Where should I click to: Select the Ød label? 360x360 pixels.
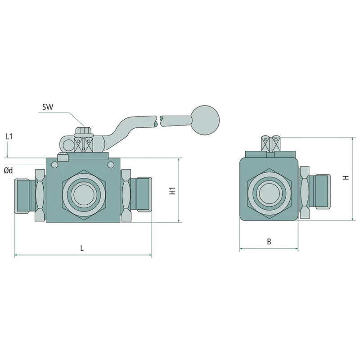[x=9, y=171]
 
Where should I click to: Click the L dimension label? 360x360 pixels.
[x=81, y=248]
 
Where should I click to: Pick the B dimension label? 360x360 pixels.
[x=269, y=241]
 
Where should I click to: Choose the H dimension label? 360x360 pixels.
[x=345, y=178]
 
